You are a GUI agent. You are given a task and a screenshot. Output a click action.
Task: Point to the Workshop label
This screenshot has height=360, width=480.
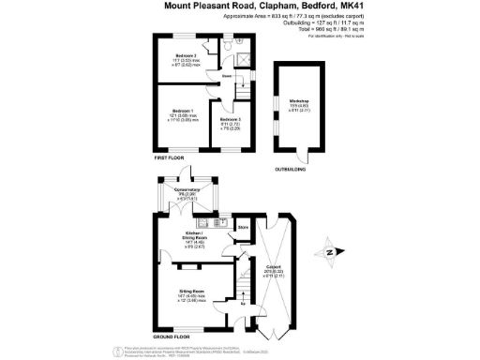click(299, 100)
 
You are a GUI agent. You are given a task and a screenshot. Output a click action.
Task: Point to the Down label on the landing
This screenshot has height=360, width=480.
click(227, 77)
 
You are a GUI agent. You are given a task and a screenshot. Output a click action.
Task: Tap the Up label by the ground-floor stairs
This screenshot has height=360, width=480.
click(244, 304)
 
